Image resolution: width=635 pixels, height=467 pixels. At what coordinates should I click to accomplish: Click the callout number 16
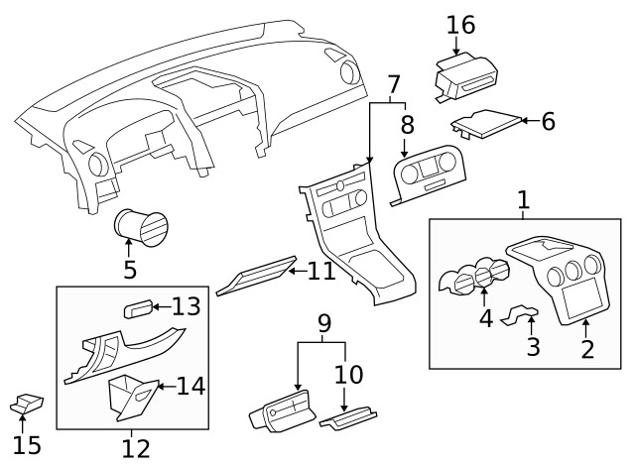coord(461,24)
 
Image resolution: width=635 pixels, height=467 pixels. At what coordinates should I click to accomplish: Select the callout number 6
coord(548,121)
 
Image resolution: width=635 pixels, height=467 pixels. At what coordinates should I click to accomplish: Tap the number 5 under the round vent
coord(129,270)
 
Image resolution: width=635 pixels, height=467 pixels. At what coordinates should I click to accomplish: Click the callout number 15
coord(27,445)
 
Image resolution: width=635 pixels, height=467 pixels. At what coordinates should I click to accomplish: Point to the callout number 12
coord(135,448)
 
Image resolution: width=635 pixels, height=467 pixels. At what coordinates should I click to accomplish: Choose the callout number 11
coord(321,270)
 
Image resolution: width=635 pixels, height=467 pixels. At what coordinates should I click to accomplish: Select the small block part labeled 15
coord(26,404)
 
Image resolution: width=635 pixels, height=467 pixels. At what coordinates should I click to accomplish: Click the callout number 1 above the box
coord(523,200)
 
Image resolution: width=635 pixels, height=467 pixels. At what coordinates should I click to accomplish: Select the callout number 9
coord(322,323)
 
